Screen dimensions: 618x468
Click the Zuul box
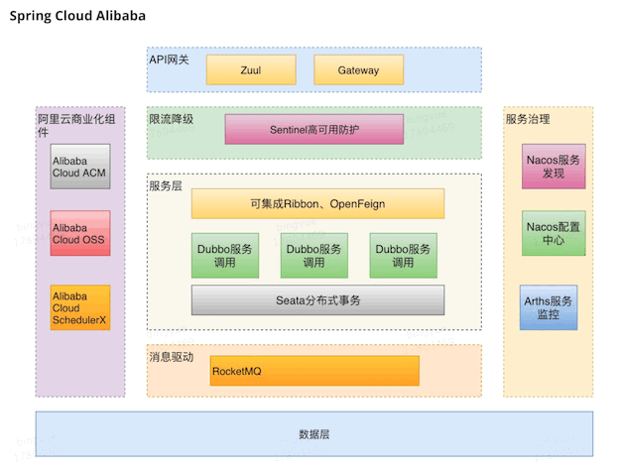(251, 69)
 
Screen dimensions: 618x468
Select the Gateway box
(359, 69)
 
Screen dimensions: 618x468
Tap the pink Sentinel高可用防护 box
(314, 129)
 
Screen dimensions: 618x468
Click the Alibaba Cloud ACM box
(80, 167)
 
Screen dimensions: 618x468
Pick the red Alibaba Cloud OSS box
(80, 233)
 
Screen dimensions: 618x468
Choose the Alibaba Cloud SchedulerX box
(80, 307)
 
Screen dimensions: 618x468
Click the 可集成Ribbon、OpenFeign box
(317, 203)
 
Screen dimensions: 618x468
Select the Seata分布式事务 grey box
(317, 300)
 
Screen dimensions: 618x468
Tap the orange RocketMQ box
(314, 371)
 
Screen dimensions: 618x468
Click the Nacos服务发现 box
(554, 167)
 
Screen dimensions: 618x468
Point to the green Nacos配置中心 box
(554, 233)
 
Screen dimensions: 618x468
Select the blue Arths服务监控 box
(549, 307)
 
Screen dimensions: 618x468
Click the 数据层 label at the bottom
(314, 434)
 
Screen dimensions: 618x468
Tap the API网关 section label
(169, 59)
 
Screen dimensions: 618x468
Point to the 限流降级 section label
(171, 119)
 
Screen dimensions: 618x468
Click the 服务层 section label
(166, 186)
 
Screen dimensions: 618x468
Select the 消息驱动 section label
(171, 357)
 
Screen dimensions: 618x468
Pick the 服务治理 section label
(528, 119)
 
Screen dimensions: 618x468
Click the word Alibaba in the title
(121, 16)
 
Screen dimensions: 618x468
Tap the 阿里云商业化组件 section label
(76, 125)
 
